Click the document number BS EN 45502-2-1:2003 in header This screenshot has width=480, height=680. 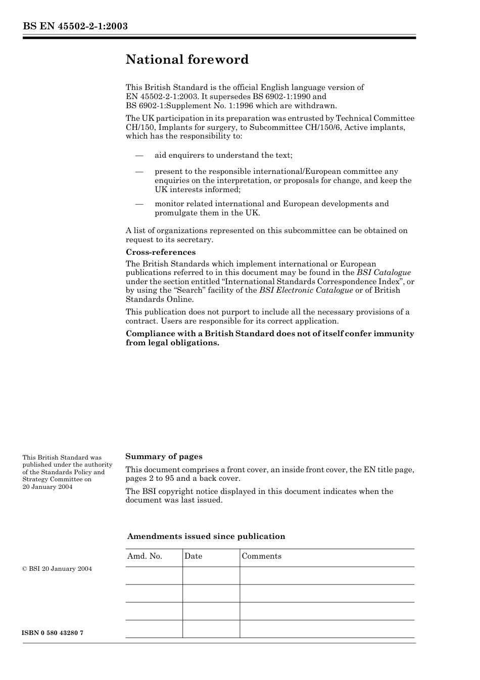pos(75,26)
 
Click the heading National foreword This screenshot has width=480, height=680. pos(187,60)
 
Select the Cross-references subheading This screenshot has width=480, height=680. pos(160,252)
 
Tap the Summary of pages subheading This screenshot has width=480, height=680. pos(164,456)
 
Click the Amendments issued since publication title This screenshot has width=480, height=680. pos(206,536)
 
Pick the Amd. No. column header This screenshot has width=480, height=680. pos(145,556)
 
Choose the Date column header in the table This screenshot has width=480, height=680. pos(193,556)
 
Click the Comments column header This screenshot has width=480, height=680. pos(261,556)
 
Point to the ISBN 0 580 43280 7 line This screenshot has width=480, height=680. pos(53,633)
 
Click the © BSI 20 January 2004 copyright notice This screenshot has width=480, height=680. pos(57,569)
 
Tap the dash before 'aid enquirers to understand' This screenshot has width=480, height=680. pos(139,155)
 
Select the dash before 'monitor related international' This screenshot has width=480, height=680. pos(139,204)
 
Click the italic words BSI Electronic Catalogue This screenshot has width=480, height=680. pos(306,290)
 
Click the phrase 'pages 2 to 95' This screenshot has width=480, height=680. pos(151,478)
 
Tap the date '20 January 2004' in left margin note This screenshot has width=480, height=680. pos(47,487)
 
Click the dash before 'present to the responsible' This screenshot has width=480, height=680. pos(139,171)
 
